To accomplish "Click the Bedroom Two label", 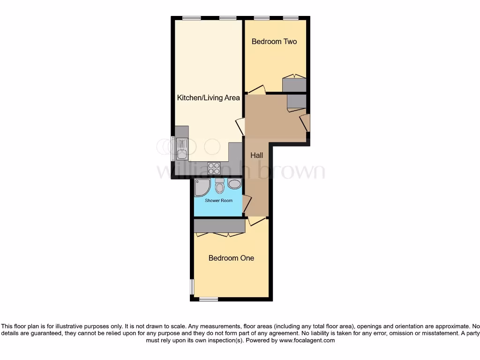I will [274, 41].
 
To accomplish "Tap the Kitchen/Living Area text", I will [208, 98].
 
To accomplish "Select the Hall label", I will [256, 155].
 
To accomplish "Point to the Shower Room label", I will [218, 201].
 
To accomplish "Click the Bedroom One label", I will [231, 258].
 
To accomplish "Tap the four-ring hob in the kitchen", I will [214, 168].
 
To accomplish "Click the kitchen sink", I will [182, 149].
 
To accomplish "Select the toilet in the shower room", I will [219, 187].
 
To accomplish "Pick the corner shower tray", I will [202, 187].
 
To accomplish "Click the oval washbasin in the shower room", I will [234, 184].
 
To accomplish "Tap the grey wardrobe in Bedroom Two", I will [294, 85].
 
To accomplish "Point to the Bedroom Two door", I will [257, 90].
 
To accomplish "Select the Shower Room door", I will [247, 203].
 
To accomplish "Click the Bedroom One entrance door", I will [256, 220].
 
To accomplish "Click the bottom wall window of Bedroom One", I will [208, 299].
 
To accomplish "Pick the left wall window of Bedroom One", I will [192, 287].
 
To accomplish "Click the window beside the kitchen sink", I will [173, 148].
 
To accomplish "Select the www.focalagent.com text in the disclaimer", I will [307, 341].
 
